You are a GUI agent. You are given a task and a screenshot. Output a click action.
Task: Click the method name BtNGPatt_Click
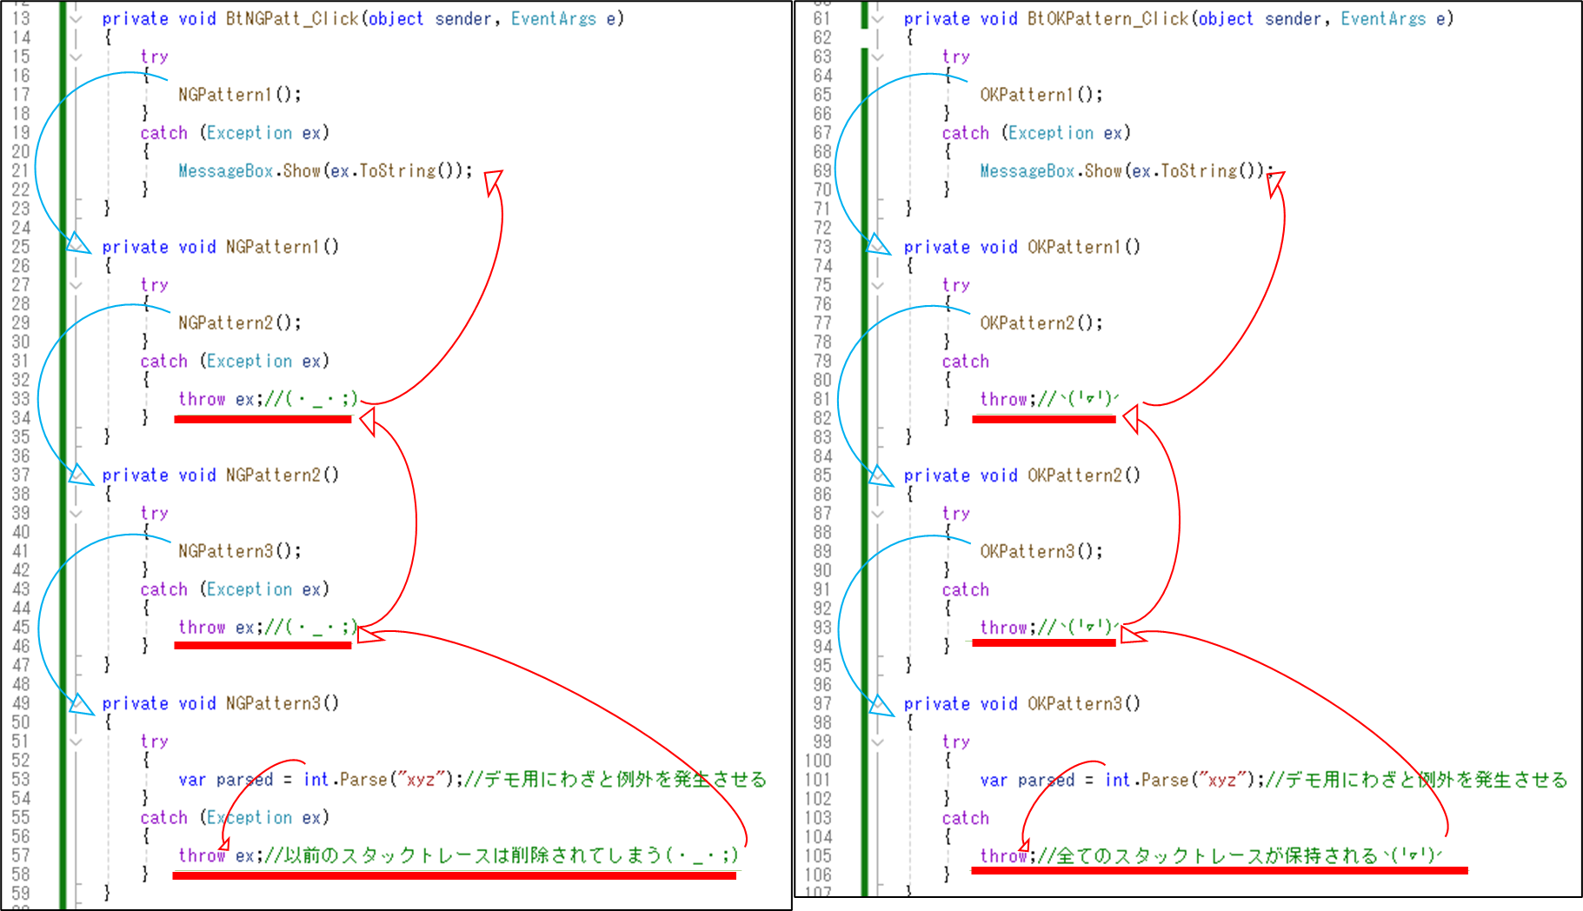coord(292,18)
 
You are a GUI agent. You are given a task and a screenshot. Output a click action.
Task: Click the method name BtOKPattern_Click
coord(1107,18)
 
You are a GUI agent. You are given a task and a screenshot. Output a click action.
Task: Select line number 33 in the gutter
coord(21,399)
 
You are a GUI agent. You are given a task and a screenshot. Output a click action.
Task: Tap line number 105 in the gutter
coord(818,856)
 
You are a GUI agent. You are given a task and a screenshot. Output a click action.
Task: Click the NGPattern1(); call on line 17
coord(239,95)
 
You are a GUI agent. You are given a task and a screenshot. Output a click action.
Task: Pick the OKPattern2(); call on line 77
coord(1041,323)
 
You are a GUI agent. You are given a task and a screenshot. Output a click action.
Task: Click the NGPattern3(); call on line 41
coord(239,551)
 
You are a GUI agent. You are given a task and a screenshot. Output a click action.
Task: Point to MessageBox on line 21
coord(226,171)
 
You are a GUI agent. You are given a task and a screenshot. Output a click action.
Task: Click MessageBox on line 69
coord(1028,171)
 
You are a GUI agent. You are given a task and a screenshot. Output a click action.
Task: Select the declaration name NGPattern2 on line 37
coord(273,475)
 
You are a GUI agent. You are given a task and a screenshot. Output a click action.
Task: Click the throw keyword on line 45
coord(202,628)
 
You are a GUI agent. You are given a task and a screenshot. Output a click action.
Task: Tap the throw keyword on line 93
coord(1003,628)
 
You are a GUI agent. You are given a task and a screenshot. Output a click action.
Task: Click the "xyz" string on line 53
coord(421,780)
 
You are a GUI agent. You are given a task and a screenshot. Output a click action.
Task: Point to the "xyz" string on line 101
coord(1222,780)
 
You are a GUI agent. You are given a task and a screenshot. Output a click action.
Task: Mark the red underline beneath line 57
coord(454,875)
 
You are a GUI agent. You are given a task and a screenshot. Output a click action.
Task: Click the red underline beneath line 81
coord(1043,420)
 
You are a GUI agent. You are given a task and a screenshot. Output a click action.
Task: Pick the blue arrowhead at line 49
coord(82,705)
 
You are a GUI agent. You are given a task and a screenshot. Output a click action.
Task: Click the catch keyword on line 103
coord(965,818)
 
